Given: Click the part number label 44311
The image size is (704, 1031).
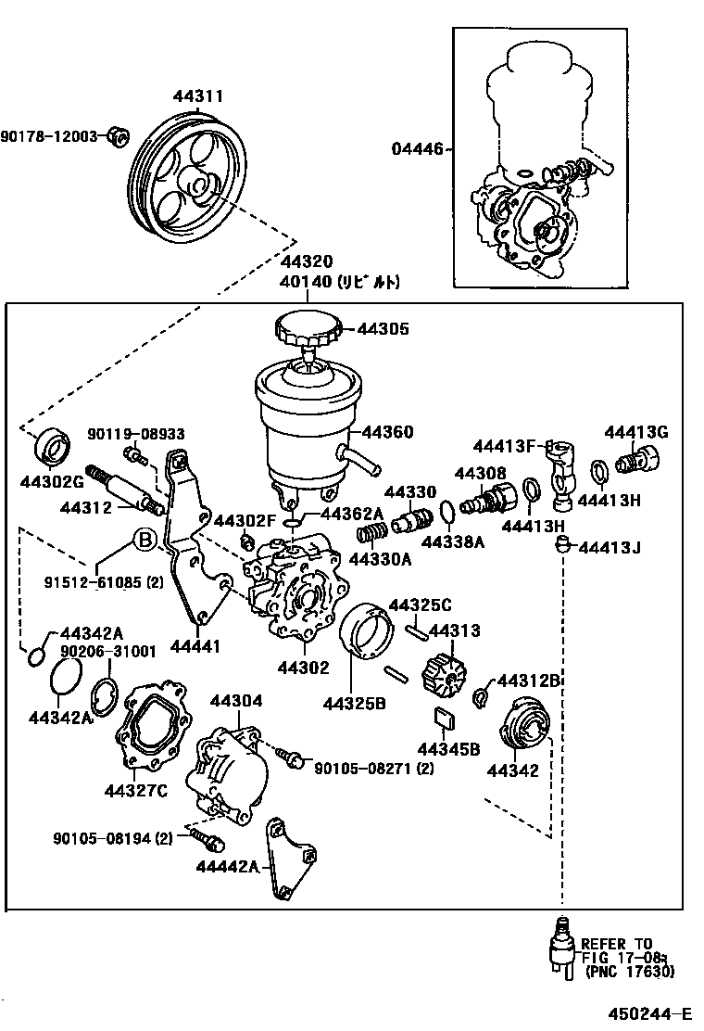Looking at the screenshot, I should [197, 95].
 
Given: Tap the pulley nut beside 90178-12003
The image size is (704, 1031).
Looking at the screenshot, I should [118, 136].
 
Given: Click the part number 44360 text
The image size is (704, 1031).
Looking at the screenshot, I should [387, 432].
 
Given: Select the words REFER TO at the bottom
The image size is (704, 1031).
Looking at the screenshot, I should [618, 944].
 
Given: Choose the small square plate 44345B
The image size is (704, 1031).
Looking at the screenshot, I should [445, 719].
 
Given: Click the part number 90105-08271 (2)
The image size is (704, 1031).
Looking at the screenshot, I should [373, 768].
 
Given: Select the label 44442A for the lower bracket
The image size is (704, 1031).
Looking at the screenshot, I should [227, 866].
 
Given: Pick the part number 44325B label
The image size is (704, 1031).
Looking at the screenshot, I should [355, 702].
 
